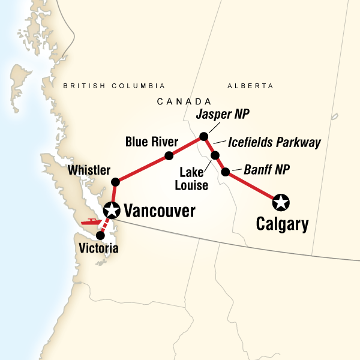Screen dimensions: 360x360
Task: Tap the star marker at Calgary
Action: pyautogui.click(x=281, y=202)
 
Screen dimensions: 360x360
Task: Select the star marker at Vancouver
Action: pyautogui.click(x=112, y=210)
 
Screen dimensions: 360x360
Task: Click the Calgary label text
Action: pyautogui.click(x=282, y=225)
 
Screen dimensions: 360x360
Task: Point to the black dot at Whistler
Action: pyautogui.click(x=116, y=181)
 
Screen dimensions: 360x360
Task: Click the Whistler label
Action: pyautogui.click(x=89, y=170)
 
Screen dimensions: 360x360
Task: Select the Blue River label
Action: pyautogui.click(x=152, y=142)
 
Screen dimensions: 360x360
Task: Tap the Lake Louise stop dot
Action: pyautogui.click(x=215, y=155)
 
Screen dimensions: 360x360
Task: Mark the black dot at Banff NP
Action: pyautogui.click(x=225, y=172)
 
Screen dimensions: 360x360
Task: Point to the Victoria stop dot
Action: pyautogui.click(x=100, y=235)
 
